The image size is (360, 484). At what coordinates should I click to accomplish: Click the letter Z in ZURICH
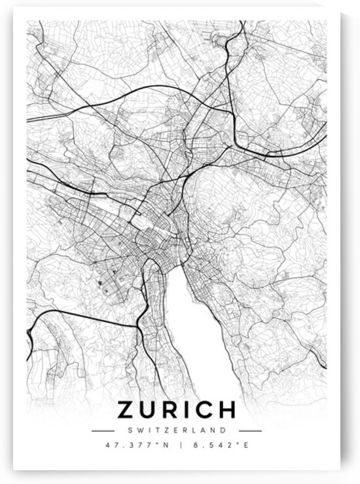coord(127,411)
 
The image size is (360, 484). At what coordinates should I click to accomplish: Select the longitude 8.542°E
coord(219,447)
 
